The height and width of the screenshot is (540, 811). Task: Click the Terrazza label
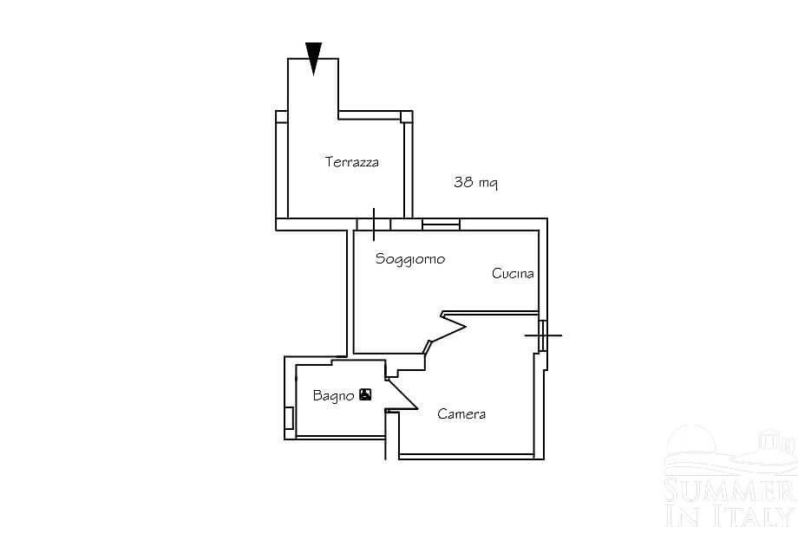tap(351, 162)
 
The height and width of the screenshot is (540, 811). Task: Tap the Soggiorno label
tap(409, 258)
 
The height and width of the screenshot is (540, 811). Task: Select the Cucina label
tap(513, 274)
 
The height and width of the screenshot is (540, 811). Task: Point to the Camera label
tap(461, 414)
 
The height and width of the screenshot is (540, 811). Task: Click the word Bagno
tap(333, 396)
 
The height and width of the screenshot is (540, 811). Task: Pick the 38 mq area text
tap(474, 183)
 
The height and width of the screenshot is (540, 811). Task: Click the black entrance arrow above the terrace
tap(314, 58)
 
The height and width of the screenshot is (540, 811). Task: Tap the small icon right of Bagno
tap(365, 395)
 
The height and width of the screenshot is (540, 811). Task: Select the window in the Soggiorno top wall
tap(441, 224)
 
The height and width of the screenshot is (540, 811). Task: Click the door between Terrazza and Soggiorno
tap(374, 224)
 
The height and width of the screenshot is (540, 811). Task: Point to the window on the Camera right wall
tap(542, 335)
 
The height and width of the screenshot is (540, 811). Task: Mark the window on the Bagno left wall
tap(289, 419)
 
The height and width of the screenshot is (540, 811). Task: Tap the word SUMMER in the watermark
tap(729, 492)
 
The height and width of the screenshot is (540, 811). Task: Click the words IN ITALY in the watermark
tap(729, 516)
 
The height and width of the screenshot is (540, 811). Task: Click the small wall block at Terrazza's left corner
tap(281, 117)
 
